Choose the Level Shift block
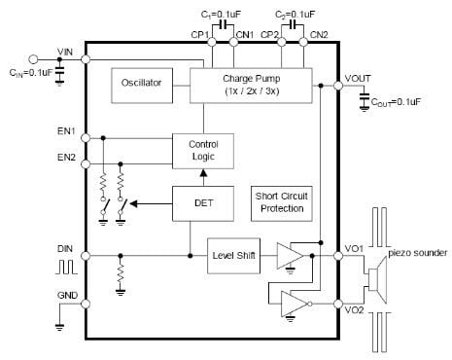(232, 256)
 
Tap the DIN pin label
(64, 248)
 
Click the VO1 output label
(355, 248)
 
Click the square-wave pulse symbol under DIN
(65, 266)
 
